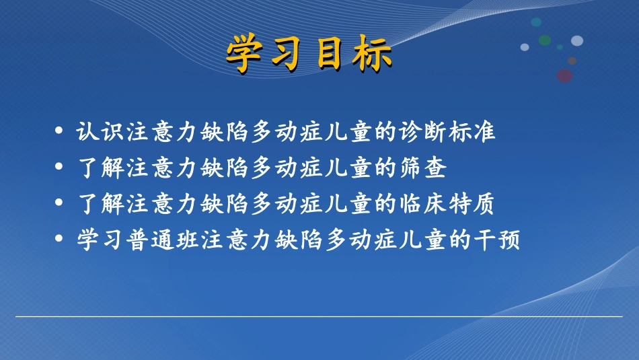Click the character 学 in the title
pyautogui.click(x=243, y=53)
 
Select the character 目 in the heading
pyautogui.click(x=330, y=53)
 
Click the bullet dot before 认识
pyautogui.click(x=61, y=131)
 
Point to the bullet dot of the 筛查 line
pyautogui.click(x=61, y=168)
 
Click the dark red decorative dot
pyautogui.click(x=565, y=75)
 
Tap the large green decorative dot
pyautogui.click(x=545, y=40)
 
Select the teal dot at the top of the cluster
pyautogui.click(x=536, y=22)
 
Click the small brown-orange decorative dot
pyautogui.click(x=572, y=61)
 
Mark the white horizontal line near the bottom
pyautogui.click(x=319, y=316)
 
